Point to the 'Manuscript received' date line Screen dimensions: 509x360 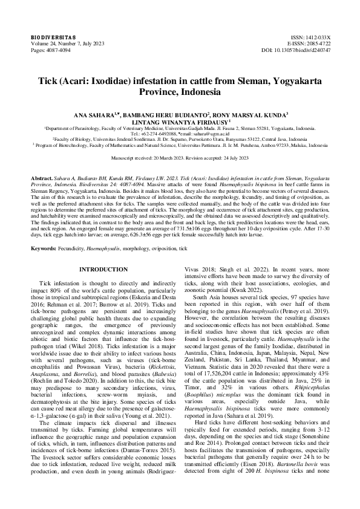(180, 158)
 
